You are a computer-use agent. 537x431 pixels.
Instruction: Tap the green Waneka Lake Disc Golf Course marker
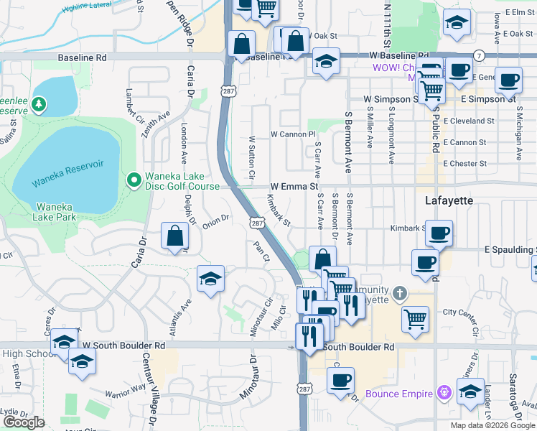tap(133, 180)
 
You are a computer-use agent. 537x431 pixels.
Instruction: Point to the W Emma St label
tap(294, 186)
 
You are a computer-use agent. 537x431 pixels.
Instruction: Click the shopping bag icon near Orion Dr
tap(175, 235)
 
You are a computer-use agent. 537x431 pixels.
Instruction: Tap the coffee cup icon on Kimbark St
tap(439, 233)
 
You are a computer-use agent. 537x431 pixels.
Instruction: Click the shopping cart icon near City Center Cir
tap(416, 318)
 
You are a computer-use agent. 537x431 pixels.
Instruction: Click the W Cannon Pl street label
tap(293, 134)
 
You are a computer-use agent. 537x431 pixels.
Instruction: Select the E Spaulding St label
tap(510, 249)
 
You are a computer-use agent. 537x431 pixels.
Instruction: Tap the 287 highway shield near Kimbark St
tap(256, 224)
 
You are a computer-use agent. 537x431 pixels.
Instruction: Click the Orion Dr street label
tap(215, 221)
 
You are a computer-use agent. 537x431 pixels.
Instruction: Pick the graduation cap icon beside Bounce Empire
tap(470, 391)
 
